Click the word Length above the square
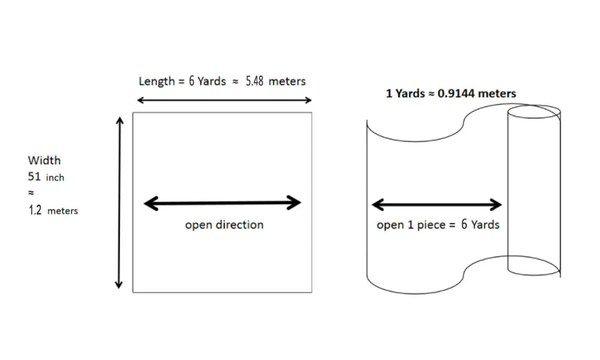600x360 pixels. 156,81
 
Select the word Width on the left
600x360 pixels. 44,161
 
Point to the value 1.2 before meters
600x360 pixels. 35,211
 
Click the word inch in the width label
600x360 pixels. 55,178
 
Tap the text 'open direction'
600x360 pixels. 224,225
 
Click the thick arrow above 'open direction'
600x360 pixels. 223,203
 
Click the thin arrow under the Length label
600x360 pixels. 224,100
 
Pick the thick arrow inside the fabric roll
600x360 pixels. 437,205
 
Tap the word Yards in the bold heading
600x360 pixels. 409,94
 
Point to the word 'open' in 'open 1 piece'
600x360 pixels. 389,226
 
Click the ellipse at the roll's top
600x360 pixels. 534,112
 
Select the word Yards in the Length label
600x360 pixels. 211,81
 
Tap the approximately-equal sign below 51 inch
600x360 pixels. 31,194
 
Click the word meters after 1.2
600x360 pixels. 62,211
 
